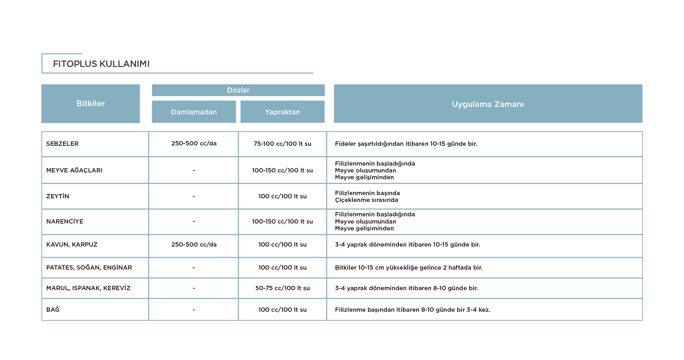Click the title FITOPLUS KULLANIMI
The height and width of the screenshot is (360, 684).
(x=101, y=64)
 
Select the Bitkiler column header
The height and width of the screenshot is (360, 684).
(x=91, y=104)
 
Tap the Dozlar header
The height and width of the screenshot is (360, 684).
(x=238, y=90)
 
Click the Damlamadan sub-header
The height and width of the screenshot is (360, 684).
(x=194, y=112)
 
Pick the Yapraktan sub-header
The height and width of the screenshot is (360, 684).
(x=283, y=112)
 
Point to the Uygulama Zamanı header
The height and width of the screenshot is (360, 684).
(x=488, y=104)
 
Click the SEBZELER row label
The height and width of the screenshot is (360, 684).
(x=62, y=144)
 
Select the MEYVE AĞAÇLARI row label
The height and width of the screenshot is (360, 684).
(x=74, y=170)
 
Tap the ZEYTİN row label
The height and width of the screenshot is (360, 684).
(x=58, y=196)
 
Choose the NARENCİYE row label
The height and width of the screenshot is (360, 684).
(x=65, y=221)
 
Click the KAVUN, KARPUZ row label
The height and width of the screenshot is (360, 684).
(x=72, y=244)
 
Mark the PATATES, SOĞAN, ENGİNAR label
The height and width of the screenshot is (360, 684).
(x=89, y=267)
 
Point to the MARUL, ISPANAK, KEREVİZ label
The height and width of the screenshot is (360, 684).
(x=88, y=288)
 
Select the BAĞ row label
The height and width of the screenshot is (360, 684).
(x=53, y=309)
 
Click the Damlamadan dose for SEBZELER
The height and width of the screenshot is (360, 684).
(x=194, y=143)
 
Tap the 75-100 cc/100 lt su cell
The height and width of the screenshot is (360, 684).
(x=283, y=144)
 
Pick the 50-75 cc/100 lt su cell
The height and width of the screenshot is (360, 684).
(x=283, y=288)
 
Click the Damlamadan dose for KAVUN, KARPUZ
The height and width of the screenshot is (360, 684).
(x=194, y=244)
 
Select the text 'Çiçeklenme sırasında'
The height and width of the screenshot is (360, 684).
(x=366, y=200)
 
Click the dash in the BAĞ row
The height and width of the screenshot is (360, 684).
(x=194, y=310)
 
